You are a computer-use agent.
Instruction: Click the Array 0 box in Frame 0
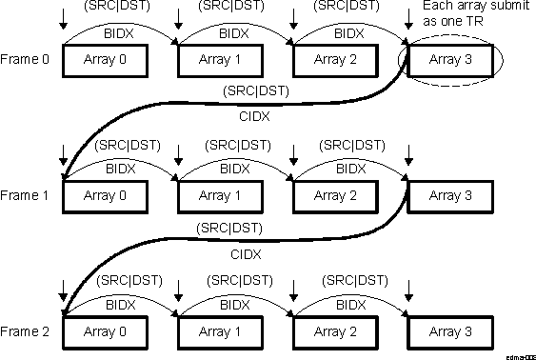(x=107, y=60)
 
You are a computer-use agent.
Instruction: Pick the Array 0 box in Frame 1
(x=107, y=195)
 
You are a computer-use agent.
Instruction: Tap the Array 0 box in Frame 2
(x=107, y=331)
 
